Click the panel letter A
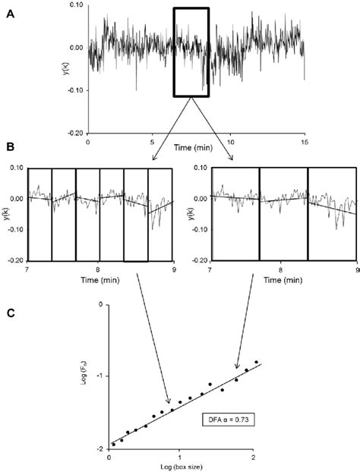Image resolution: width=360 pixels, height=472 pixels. tap(10, 13)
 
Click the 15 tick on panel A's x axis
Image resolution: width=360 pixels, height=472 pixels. tap(303, 142)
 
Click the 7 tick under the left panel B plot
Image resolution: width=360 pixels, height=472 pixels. tap(27, 269)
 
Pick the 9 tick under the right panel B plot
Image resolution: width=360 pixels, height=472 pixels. tap(355, 269)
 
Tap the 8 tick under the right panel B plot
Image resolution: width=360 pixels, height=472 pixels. tap(282, 269)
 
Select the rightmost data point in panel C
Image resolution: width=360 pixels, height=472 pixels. tap(256, 362)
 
